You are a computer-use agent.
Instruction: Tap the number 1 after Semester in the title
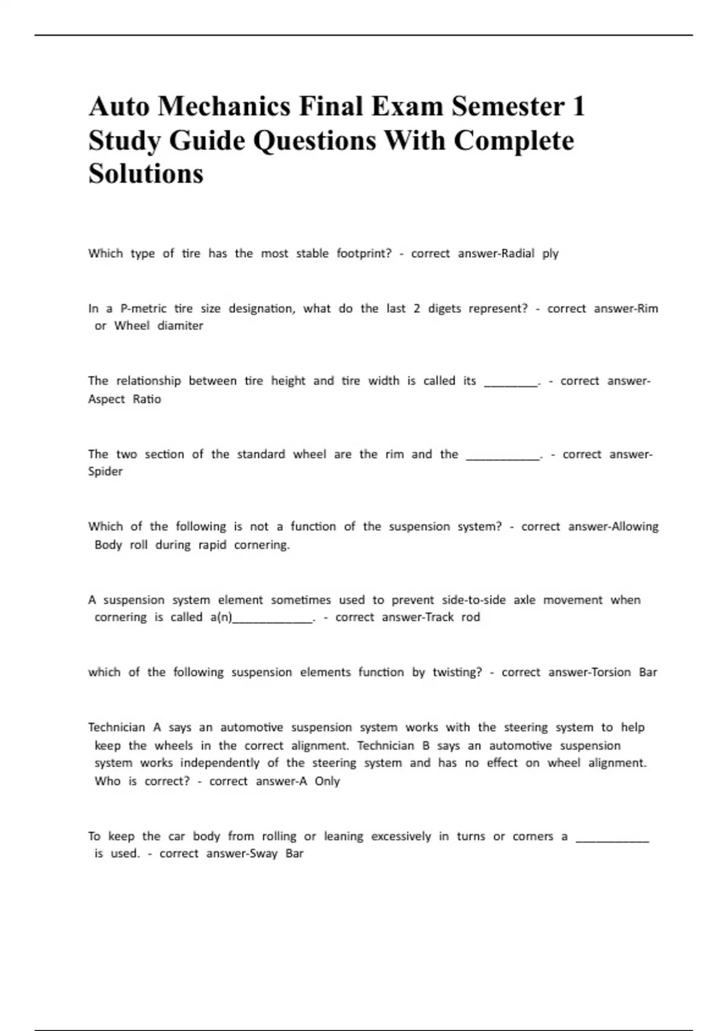click(x=578, y=107)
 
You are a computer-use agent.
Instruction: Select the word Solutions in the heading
click(x=146, y=173)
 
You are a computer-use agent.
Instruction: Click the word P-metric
click(x=143, y=308)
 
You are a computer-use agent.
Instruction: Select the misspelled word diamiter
click(x=180, y=326)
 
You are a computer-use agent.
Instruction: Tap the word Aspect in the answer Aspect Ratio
click(x=106, y=399)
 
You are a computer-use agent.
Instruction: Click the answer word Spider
click(x=105, y=471)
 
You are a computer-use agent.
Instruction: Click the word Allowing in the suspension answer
click(x=635, y=526)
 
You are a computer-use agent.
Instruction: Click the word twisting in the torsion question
click(x=457, y=672)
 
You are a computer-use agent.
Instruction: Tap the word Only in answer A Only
click(x=327, y=781)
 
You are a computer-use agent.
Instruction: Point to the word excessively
click(x=400, y=836)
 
